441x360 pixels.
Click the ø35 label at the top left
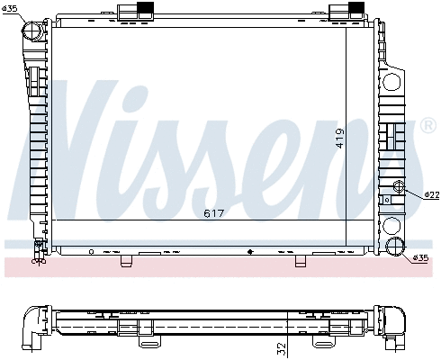click(x=10, y=9)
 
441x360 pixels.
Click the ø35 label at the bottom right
click(x=420, y=259)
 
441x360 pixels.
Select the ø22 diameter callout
click(x=431, y=194)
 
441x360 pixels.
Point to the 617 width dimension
click(x=213, y=214)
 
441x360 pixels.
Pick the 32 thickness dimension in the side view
click(x=282, y=346)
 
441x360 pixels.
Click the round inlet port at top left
click(x=34, y=30)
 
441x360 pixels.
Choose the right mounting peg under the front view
click(x=301, y=262)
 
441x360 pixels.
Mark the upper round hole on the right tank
click(x=392, y=82)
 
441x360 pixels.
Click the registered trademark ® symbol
click(x=427, y=122)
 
